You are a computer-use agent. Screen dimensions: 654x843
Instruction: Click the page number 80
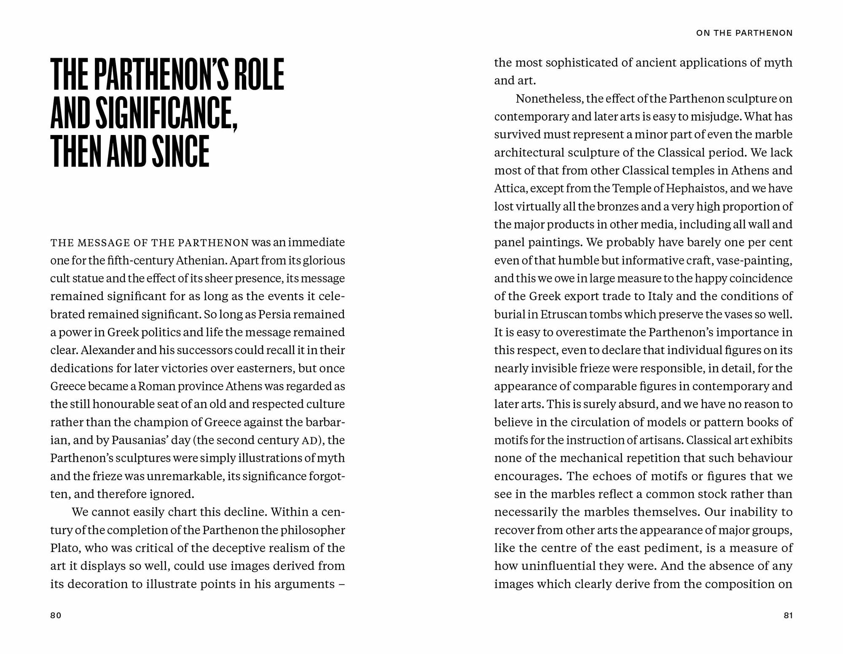pyautogui.click(x=56, y=615)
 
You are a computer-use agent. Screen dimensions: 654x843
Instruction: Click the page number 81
pyautogui.click(x=788, y=615)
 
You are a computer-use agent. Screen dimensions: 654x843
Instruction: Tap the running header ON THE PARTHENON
pyautogui.click(x=744, y=33)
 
